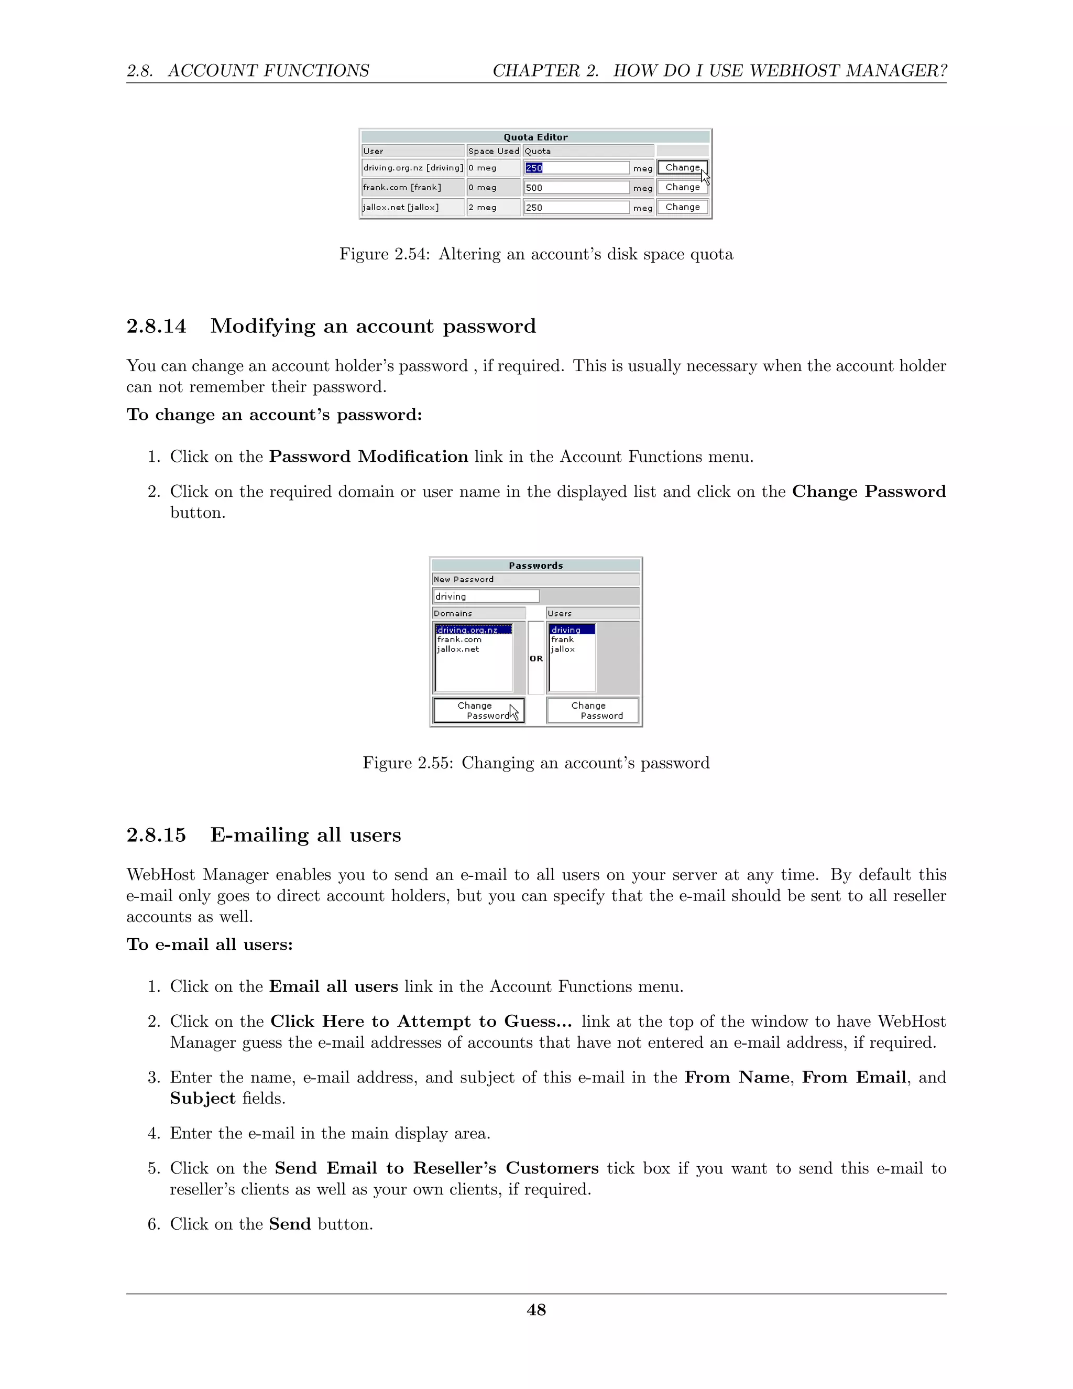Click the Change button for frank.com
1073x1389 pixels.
(x=682, y=187)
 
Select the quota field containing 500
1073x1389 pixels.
(x=576, y=188)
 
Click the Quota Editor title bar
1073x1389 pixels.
(x=535, y=137)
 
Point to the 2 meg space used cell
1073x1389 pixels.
(x=492, y=208)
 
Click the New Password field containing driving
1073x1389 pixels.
(x=486, y=596)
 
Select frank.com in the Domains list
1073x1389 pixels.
(x=459, y=639)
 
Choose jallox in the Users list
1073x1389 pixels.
(x=563, y=649)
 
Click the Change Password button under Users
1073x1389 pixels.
(x=592, y=710)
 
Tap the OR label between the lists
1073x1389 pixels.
(x=536, y=658)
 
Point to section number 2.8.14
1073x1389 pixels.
(x=156, y=326)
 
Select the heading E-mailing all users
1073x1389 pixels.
(x=305, y=834)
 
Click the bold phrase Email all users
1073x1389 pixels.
(x=333, y=986)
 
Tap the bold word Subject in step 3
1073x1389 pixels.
(x=202, y=1098)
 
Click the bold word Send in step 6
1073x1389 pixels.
(x=290, y=1224)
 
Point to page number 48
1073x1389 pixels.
(x=536, y=1310)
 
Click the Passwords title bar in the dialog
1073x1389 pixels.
(x=535, y=566)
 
